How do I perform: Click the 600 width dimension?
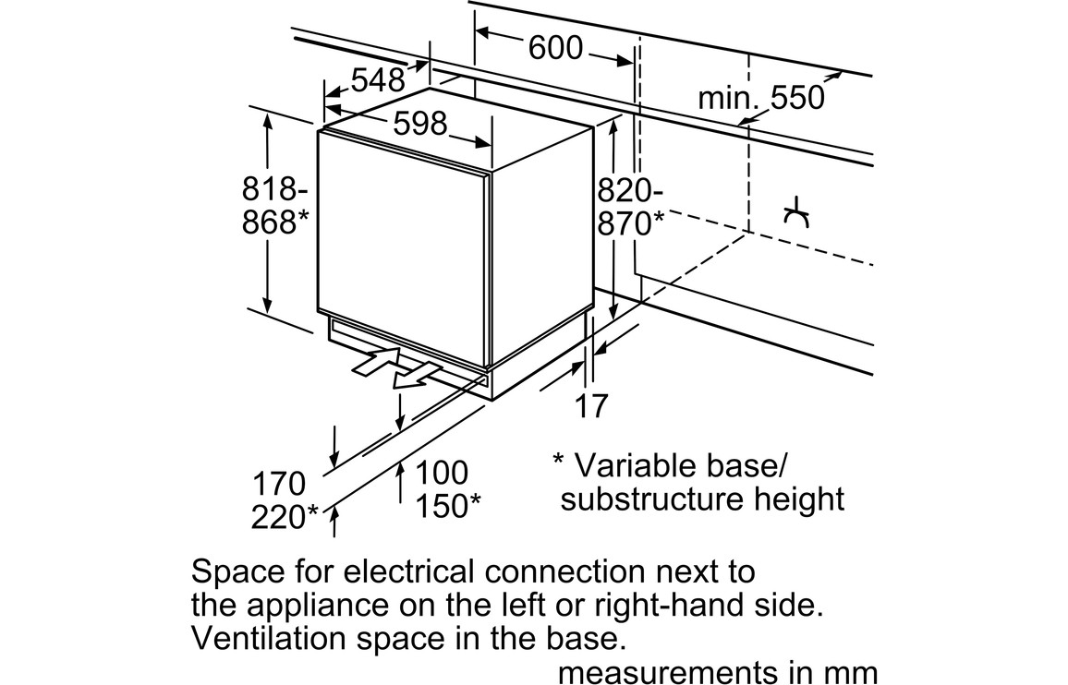(x=555, y=48)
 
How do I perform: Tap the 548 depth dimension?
(x=378, y=80)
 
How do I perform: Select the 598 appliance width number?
(x=420, y=123)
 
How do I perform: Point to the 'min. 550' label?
(x=760, y=97)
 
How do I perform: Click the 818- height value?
(x=274, y=189)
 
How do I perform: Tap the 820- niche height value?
(x=629, y=191)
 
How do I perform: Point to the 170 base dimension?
(x=278, y=483)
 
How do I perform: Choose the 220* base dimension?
(x=285, y=517)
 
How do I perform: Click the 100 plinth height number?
(x=441, y=473)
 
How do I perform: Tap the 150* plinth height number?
(x=447, y=506)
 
